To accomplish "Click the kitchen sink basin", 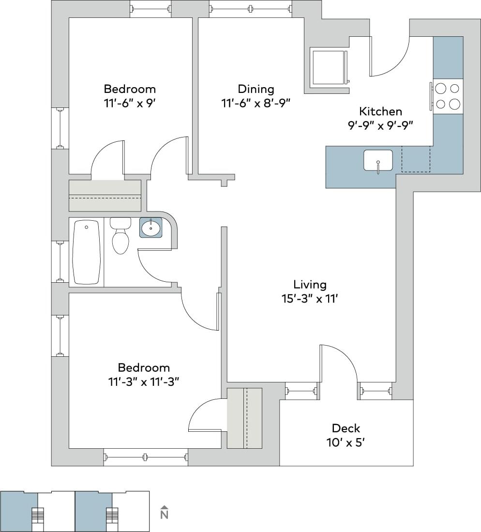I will pos(378,160).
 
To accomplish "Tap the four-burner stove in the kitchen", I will pos(448,96).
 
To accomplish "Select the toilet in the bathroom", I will pos(120,237).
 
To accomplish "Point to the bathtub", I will pos(86,252).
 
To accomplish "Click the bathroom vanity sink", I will pos(151,228).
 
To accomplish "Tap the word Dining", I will pos(256,89).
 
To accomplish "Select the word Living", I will pos(310,284).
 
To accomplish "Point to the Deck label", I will pos(346,428).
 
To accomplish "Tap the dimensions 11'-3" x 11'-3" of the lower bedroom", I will pos(144,381).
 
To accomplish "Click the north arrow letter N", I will pos(164,514).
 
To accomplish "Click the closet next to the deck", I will pos(244,418).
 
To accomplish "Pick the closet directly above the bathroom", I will pos(105,195).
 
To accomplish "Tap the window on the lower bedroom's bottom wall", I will pos(145,456).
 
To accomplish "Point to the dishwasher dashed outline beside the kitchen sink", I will pos(416,159).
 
